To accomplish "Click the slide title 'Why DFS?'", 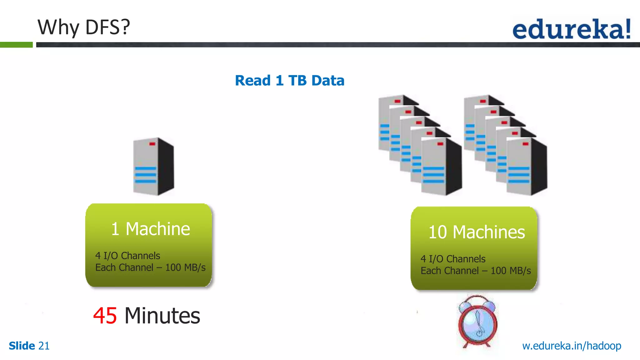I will click(x=83, y=27).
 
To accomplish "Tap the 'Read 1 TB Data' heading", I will click(x=289, y=81).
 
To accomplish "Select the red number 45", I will click(x=105, y=316).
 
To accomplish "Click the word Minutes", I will click(x=162, y=316).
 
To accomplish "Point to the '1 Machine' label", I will click(x=150, y=229).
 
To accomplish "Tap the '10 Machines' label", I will click(x=476, y=232).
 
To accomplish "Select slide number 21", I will click(x=44, y=346).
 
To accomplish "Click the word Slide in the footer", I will click(x=22, y=346).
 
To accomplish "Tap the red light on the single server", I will click(x=152, y=144).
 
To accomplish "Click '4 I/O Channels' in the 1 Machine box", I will click(x=127, y=256).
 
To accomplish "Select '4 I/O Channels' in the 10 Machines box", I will click(x=453, y=259).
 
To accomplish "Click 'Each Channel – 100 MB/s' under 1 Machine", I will click(x=150, y=268).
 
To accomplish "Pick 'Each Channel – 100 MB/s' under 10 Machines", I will click(x=476, y=271).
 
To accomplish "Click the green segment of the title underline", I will click(x=16, y=45).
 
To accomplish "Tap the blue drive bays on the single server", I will click(x=145, y=175).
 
